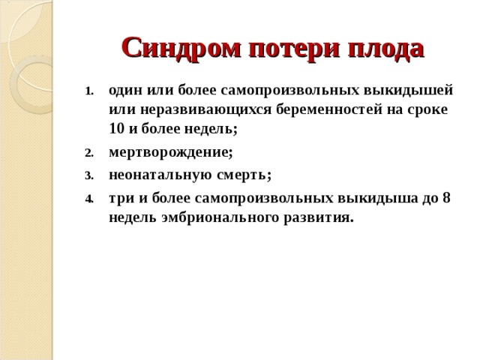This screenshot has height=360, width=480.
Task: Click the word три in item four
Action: [x=121, y=199]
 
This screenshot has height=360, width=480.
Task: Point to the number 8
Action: [x=446, y=199]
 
